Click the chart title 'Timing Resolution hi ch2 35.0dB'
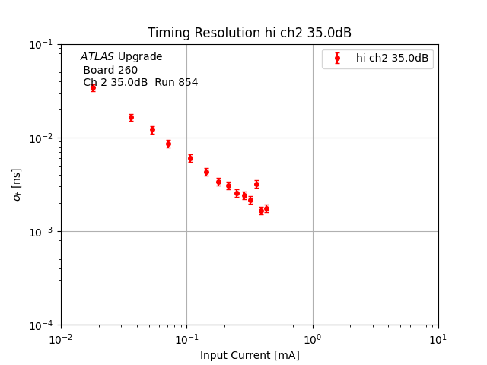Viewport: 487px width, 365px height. tap(250, 33)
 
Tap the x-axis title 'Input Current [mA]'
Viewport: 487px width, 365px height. tap(250, 355)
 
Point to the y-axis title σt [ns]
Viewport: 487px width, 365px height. tap(17, 185)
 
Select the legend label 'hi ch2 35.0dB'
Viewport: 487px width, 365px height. tap(392, 58)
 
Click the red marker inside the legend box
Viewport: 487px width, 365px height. tap(337, 58)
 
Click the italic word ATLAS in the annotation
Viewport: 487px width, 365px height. tap(97, 57)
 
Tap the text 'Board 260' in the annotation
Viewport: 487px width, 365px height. tap(110, 70)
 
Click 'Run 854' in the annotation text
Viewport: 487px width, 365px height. tap(177, 83)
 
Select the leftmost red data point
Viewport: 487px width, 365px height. tap(93, 87)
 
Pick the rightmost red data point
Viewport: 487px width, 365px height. tap(266, 208)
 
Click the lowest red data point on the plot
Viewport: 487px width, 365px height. tap(261, 211)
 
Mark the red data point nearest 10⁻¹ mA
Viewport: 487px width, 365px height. tap(190, 158)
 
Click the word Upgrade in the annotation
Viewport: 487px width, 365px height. tap(140, 57)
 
